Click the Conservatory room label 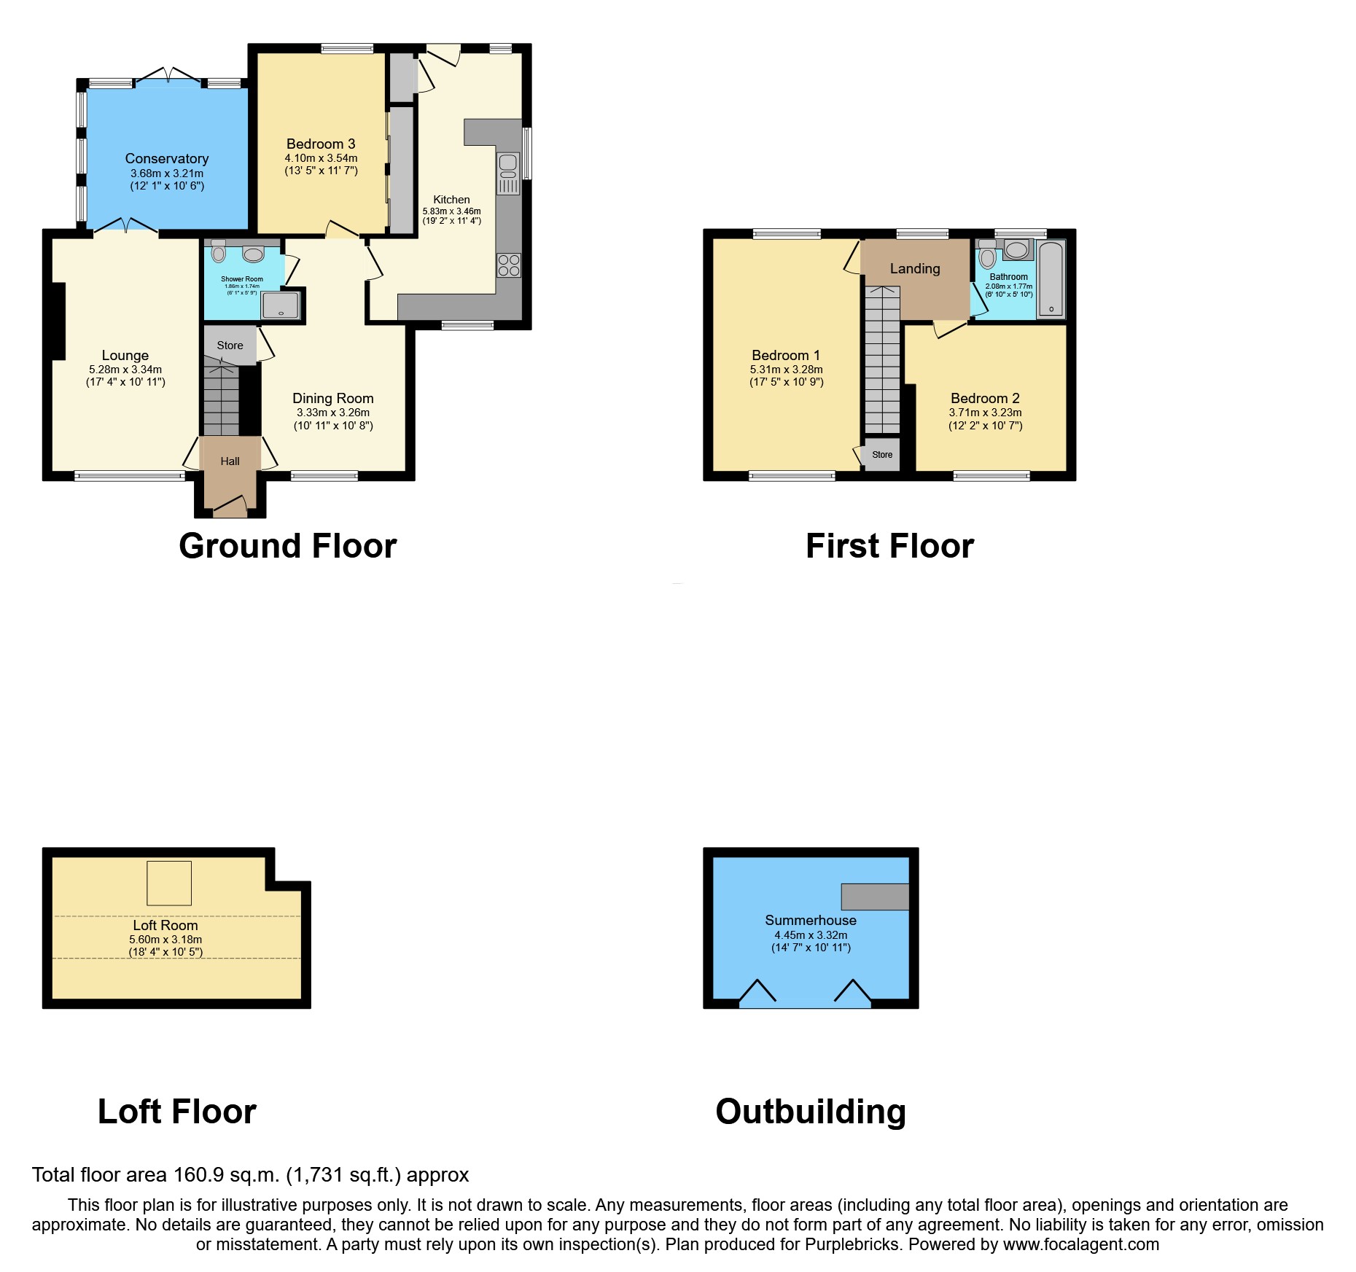click(166, 158)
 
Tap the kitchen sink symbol click(508, 173)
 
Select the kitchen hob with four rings click(509, 265)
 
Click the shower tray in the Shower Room click(280, 305)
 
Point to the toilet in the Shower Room click(219, 252)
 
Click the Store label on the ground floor click(230, 346)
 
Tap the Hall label click(230, 461)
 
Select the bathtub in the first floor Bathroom click(1051, 280)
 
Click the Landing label click(915, 268)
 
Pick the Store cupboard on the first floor click(882, 454)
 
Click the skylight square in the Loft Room click(169, 883)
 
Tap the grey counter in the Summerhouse click(875, 897)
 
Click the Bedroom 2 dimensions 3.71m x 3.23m click(985, 413)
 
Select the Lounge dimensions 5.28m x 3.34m click(125, 370)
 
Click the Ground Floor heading click(287, 546)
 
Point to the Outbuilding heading click(810, 1112)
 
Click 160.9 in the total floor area click(196, 1175)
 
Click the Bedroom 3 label click(321, 144)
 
